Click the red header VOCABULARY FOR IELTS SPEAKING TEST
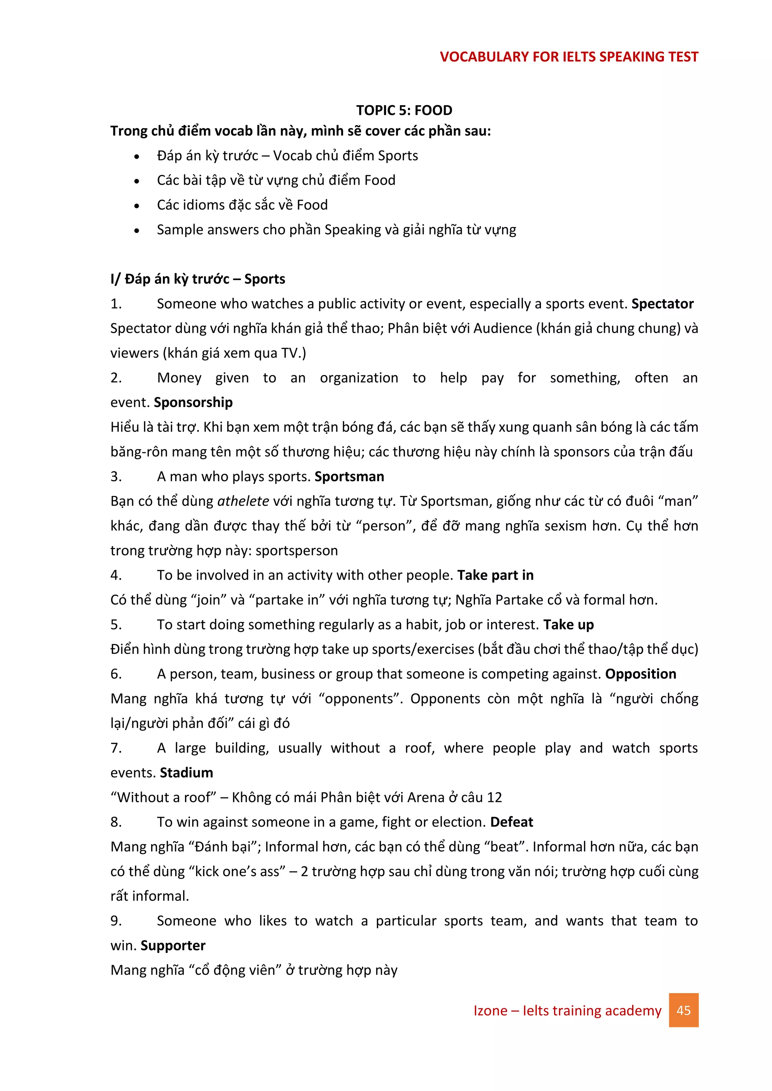point(568,57)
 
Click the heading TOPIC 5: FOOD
point(404,110)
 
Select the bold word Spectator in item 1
point(662,304)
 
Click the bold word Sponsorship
point(193,402)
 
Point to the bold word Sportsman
point(349,477)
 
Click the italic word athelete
point(243,501)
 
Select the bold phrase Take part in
point(495,575)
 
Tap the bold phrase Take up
point(568,625)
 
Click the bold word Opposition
point(640,674)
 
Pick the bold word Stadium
point(186,773)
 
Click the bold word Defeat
point(512,822)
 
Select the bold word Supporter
point(173,946)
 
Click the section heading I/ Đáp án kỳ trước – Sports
point(198,279)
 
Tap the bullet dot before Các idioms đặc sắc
point(137,206)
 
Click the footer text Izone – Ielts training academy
point(567,1010)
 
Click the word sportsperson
point(297,551)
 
